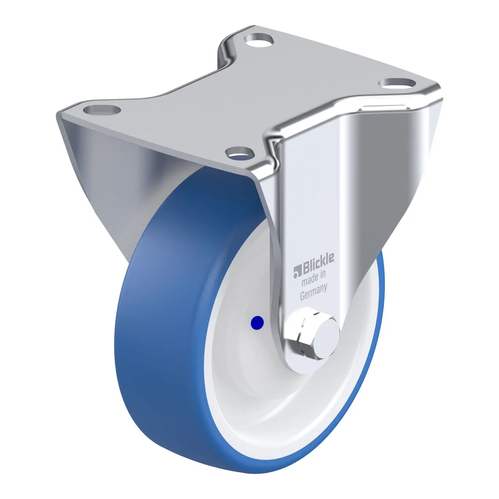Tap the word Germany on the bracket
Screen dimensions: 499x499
[x=314, y=291]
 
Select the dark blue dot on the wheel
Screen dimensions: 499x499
[x=257, y=323]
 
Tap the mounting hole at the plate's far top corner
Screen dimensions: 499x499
[x=259, y=40]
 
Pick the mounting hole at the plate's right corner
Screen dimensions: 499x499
[x=397, y=84]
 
